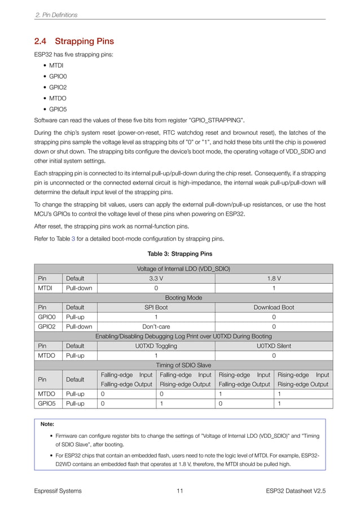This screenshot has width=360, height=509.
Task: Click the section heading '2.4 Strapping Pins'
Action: coord(74,41)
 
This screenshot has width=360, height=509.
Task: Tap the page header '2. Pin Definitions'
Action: coord(56,14)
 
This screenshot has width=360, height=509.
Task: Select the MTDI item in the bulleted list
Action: coord(56,66)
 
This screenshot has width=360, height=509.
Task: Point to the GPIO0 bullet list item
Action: coord(58,77)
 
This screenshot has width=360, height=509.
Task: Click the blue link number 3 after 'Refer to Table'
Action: coord(73,238)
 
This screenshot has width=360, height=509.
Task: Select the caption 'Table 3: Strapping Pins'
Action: coord(180,253)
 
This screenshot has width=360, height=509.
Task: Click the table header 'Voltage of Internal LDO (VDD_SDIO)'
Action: coord(180,268)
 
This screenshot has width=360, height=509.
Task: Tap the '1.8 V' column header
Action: coord(274,278)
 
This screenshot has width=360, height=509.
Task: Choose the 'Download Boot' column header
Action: coord(274,308)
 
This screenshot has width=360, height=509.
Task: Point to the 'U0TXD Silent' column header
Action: coord(274,346)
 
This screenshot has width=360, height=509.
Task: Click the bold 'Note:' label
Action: coord(47,423)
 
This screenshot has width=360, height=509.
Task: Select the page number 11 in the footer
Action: coord(179,491)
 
